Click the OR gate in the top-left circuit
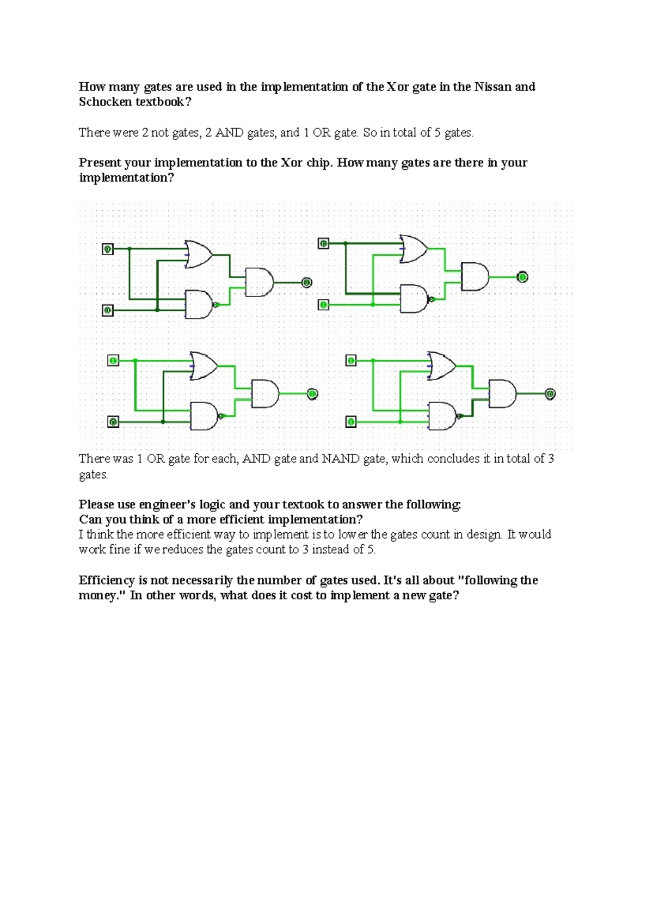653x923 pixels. tap(199, 254)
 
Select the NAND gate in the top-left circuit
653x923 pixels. tap(199, 304)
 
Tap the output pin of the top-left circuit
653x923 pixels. tap(307, 282)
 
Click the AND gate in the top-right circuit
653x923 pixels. tap(475, 276)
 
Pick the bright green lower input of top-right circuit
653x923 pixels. tap(323, 305)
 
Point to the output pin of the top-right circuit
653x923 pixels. tap(522, 277)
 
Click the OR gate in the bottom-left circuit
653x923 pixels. tap(204, 366)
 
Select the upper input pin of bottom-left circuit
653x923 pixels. tap(113, 360)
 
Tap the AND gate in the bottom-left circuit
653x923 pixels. tap(264, 393)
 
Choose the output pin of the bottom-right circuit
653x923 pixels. tap(550, 393)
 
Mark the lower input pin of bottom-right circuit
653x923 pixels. tap(351, 422)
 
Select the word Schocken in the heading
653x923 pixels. tap(105, 102)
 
